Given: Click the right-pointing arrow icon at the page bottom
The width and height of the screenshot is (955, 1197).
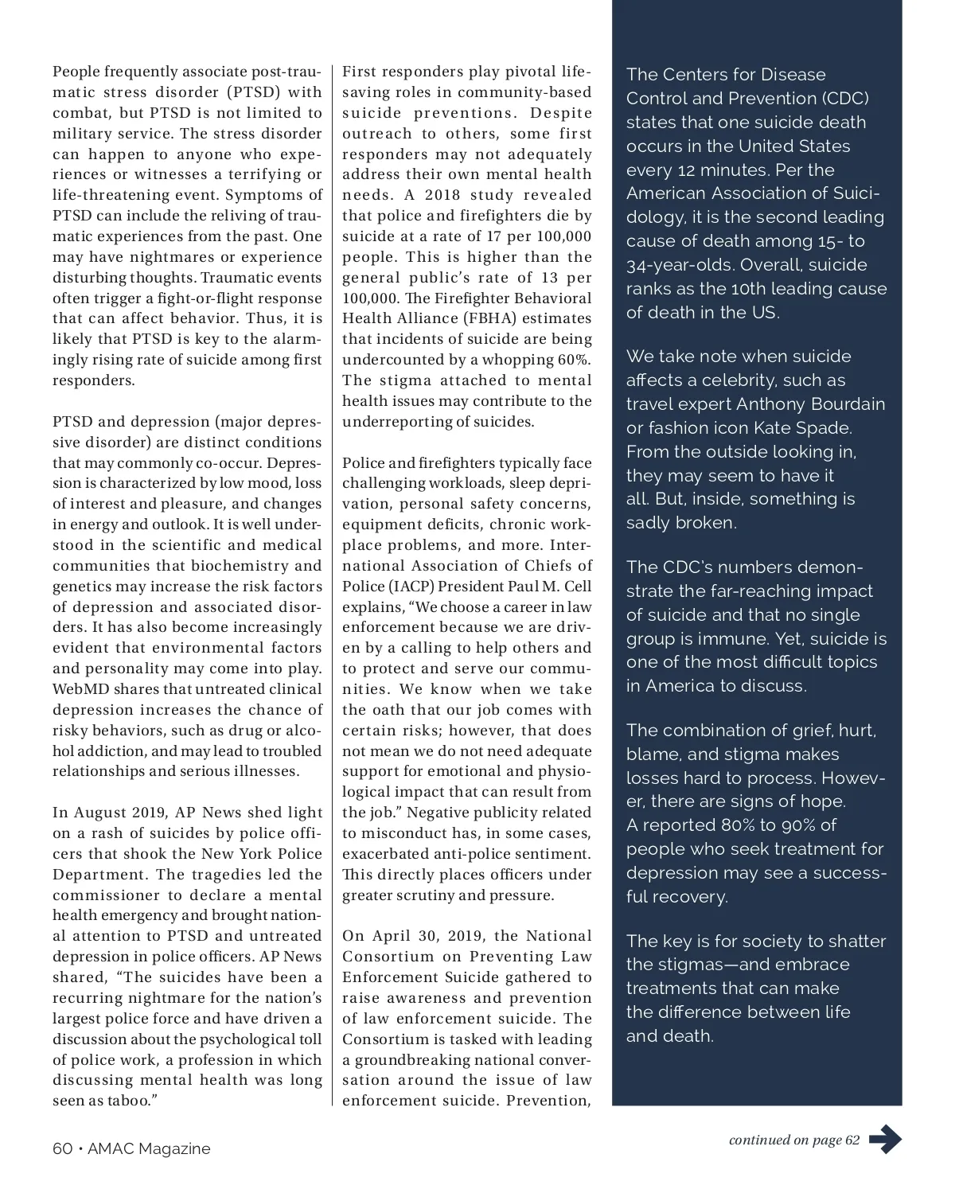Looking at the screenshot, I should [x=885, y=1140].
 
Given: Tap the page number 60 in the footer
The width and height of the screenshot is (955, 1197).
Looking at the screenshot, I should [x=62, y=1148].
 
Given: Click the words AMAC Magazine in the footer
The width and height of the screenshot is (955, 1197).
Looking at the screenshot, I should [x=149, y=1148].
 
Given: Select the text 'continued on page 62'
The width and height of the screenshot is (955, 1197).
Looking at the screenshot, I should [x=793, y=1140].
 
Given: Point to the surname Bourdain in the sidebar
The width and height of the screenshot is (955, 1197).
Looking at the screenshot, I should [x=845, y=404].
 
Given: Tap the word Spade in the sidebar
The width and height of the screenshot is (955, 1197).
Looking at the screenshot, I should [x=825, y=427].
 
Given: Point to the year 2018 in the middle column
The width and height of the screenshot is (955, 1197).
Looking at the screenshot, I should [x=442, y=195].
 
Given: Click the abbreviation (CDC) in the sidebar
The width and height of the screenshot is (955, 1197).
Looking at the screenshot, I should [x=845, y=98].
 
